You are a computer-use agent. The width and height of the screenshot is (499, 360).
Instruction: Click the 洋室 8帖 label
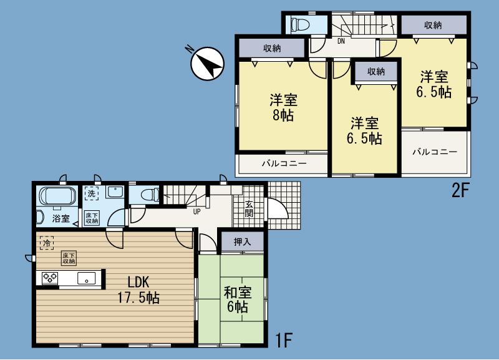point(283,107)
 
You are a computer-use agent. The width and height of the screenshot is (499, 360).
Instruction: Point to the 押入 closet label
point(242,242)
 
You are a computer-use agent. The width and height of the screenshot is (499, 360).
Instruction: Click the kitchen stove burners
point(50,278)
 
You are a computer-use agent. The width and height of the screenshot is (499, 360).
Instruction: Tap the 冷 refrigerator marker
point(46,241)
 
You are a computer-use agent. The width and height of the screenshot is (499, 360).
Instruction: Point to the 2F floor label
point(460,191)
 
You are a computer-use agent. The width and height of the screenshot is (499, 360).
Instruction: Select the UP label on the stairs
point(197,211)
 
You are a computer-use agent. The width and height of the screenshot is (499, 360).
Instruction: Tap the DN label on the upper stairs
point(341,42)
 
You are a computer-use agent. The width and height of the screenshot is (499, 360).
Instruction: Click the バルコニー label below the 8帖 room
point(284,163)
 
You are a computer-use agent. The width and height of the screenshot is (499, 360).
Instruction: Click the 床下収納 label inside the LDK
point(68,258)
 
